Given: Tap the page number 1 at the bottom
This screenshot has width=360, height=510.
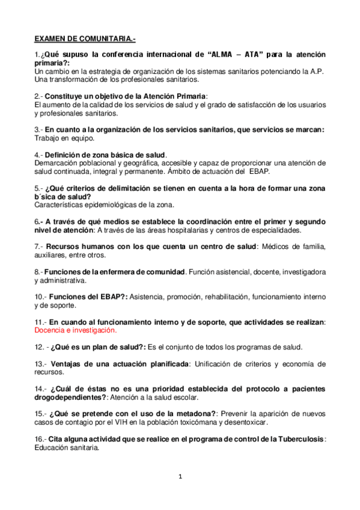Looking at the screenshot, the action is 180,477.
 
